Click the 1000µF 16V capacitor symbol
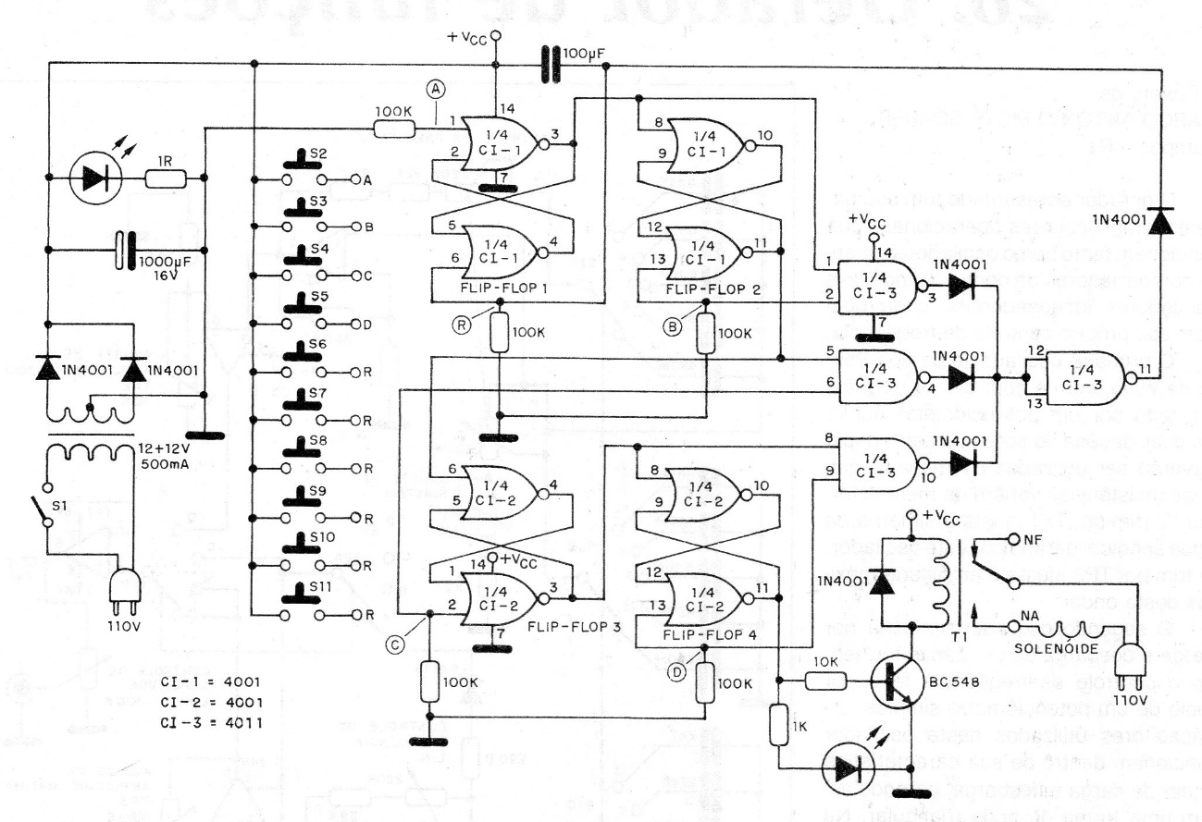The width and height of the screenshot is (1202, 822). (126, 250)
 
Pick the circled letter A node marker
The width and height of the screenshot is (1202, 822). (434, 90)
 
